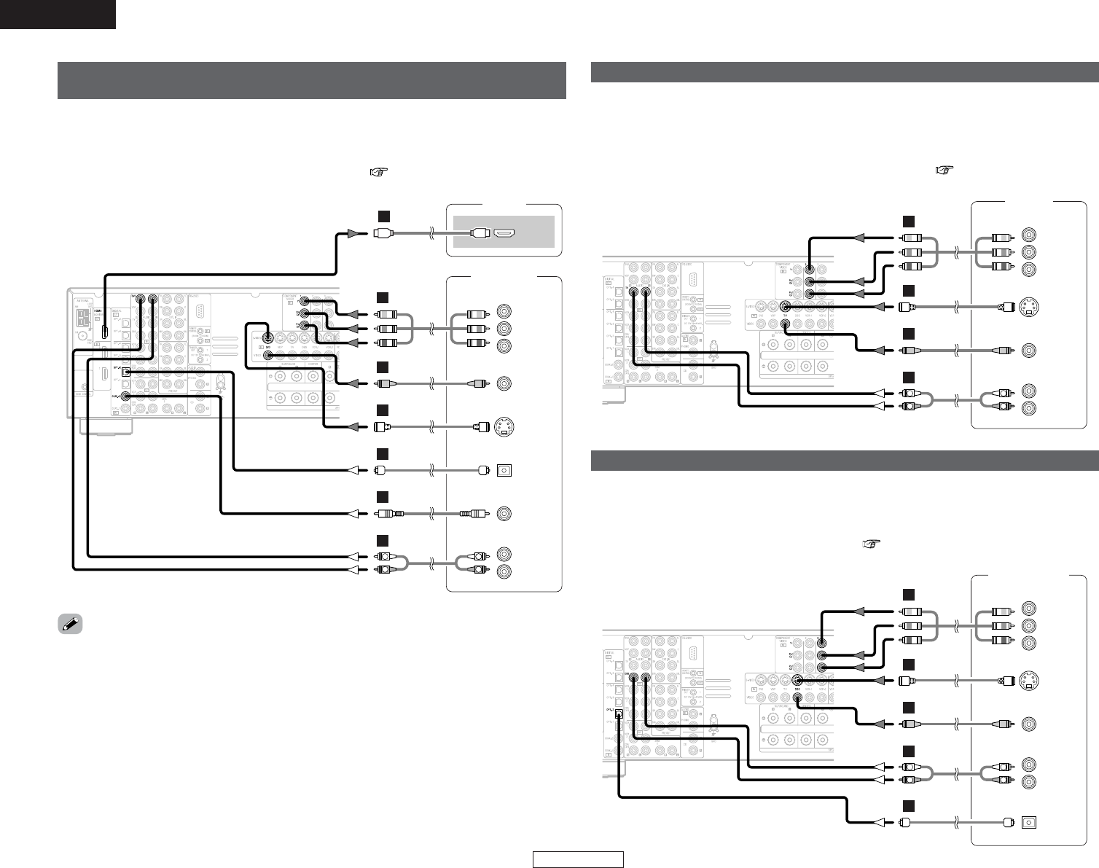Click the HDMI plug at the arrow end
383,233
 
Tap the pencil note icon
70,625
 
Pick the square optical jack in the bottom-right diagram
1029,821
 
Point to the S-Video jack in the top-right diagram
1030,306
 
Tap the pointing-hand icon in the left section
378,173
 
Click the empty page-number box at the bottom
578,860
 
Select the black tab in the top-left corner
58,14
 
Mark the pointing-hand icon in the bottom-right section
871,544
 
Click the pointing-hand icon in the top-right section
944,170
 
